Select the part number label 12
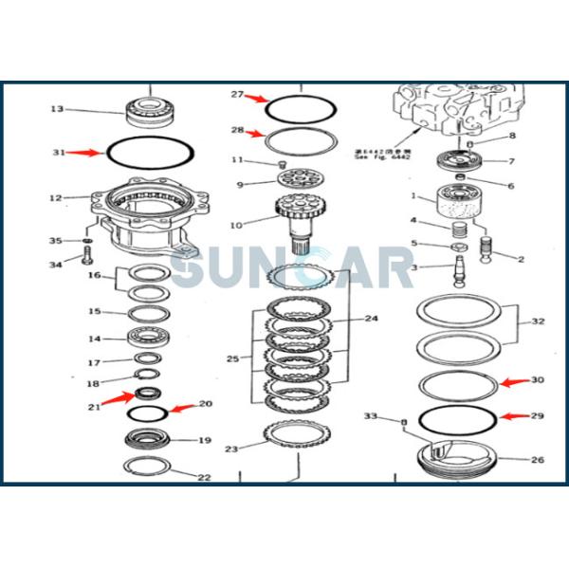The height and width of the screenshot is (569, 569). coord(56,197)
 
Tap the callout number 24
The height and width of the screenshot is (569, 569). coord(371,319)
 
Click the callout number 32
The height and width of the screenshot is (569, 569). coord(538,321)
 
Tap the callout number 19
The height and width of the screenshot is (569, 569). coord(204,440)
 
